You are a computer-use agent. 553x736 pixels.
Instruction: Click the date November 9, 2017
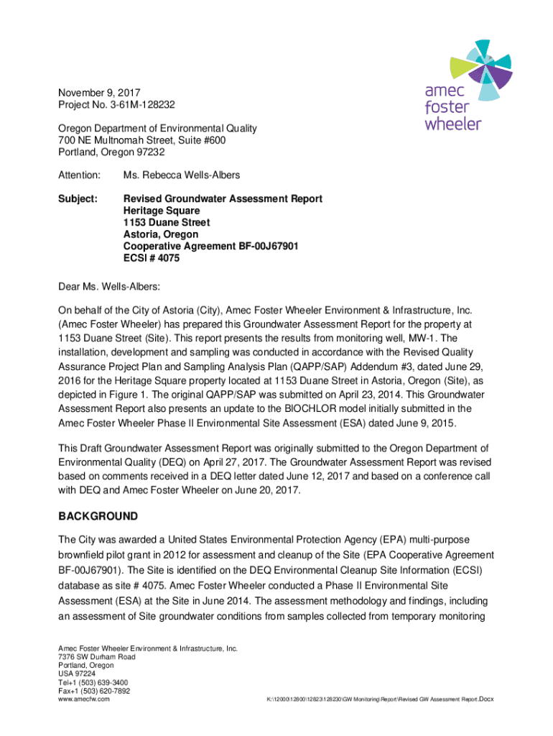[x=98, y=93]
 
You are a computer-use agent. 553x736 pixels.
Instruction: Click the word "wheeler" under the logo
[x=452, y=123]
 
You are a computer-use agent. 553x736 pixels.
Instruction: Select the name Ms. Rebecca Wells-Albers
[x=182, y=175]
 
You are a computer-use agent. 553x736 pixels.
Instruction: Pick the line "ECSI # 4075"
[x=152, y=258]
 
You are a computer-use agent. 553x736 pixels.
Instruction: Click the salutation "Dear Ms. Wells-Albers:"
[x=109, y=287]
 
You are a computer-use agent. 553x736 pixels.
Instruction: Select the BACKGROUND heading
[x=98, y=517]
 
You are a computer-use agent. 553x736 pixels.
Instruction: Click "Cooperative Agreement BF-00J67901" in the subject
[x=210, y=247]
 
